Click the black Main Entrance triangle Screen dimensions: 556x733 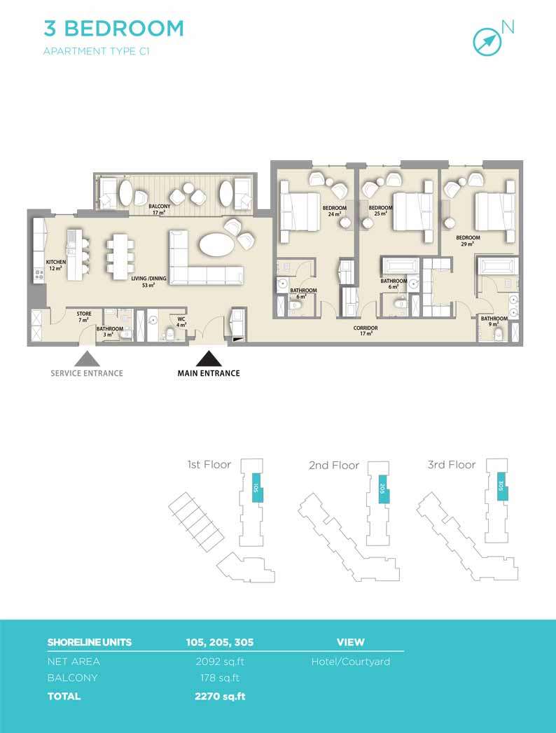(x=209, y=358)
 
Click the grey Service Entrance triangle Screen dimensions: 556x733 (x=87, y=358)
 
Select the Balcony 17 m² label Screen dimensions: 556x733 (x=160, y=209)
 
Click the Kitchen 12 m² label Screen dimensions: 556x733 (x=55, y=265)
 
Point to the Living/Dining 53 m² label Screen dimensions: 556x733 (x=148, y=281)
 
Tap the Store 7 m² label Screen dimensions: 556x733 (x=84, y=316)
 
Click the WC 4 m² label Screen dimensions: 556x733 (x=181, y=321)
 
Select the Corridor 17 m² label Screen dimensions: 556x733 (x=366, y=330)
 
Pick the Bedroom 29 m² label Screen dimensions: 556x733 (x=468, y=240)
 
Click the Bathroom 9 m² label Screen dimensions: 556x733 (x=494, y=321)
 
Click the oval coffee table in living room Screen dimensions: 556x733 (x=216, y=244)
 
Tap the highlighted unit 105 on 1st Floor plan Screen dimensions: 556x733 (x=256, y=487)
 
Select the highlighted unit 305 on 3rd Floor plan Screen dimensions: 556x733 (x=502, y=486)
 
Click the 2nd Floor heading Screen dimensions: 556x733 (x=334, y=465)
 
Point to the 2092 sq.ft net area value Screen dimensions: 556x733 (x=220, y=662)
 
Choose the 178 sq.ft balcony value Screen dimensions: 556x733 (x=220, y=678)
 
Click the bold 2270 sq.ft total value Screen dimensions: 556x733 (x=220, y=696)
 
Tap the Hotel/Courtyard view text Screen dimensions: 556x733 (x=351, y=662)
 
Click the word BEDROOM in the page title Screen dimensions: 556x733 (x=124, y=29)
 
